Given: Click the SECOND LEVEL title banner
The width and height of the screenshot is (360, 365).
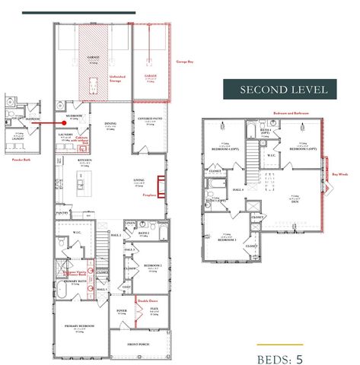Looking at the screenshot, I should (284, 89).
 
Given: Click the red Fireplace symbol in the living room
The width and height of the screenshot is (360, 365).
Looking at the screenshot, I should (161, 186).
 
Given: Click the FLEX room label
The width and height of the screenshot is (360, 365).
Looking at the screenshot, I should (153, 309).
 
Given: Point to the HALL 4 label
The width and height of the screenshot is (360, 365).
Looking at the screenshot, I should (237, 188).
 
